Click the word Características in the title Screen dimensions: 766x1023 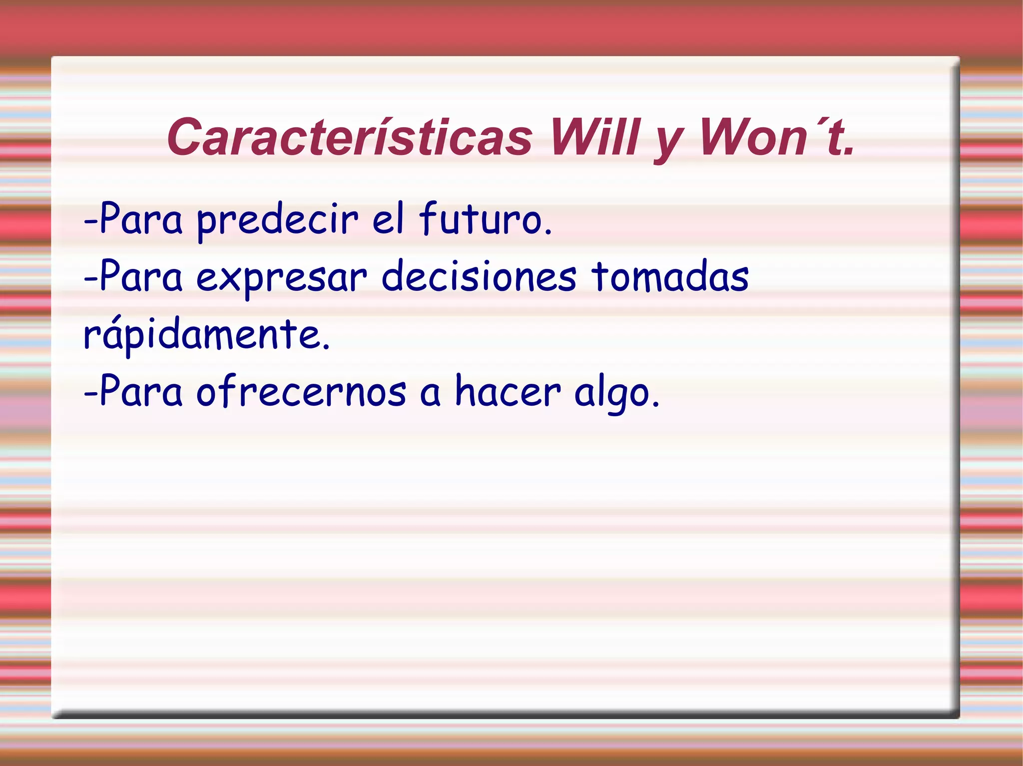point(350,138)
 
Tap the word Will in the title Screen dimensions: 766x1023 point(594,138)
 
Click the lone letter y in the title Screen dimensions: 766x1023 point(668,142)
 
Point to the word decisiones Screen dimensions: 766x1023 point(479,277)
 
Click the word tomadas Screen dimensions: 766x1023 point(670,277)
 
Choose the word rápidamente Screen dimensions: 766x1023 point(206,334)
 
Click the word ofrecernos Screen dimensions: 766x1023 point(301,392)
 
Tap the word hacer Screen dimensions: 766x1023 point(508,392)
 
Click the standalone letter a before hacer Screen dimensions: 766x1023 point(430,394)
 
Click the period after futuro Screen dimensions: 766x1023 point(548,233)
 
